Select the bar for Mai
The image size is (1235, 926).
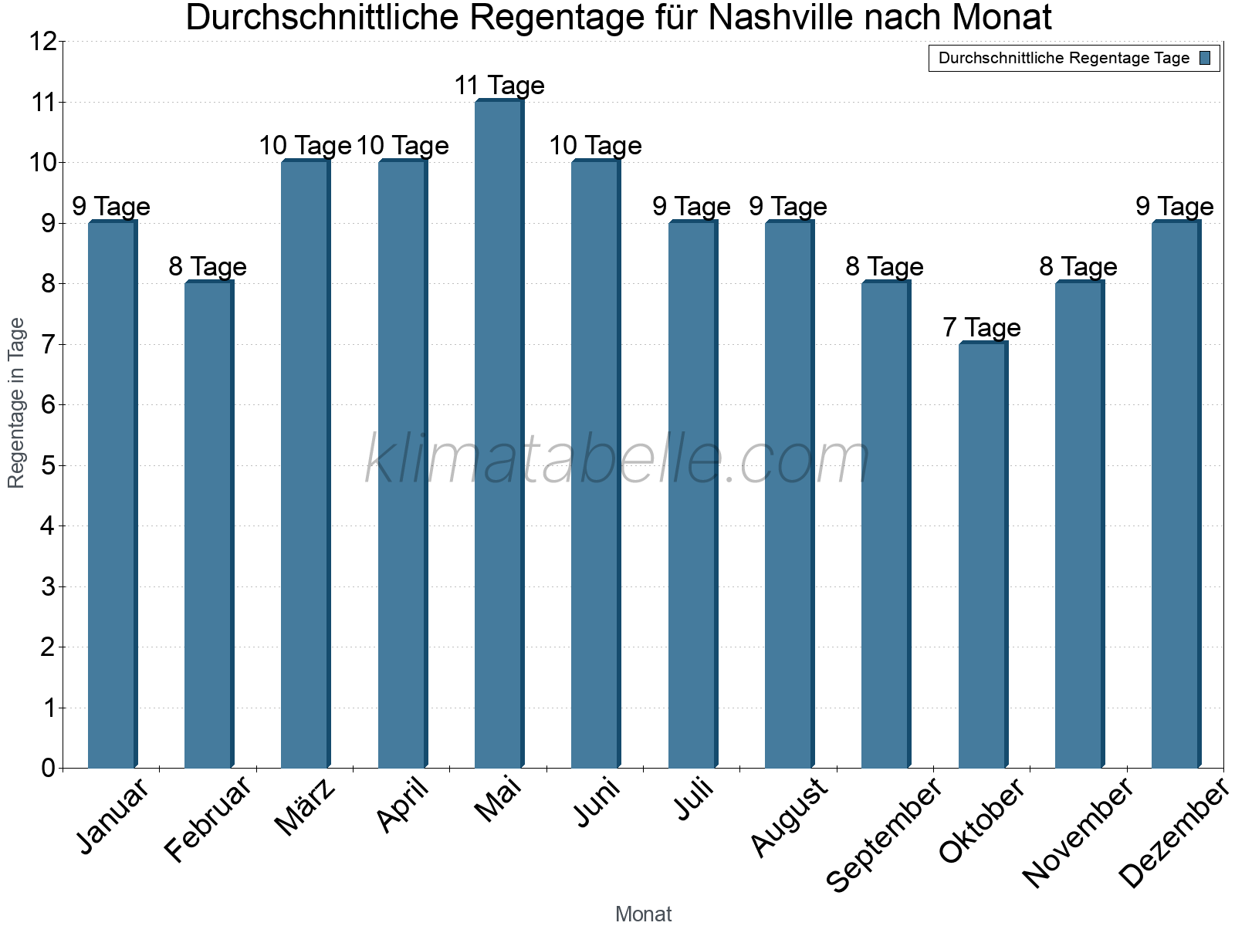(499, 434)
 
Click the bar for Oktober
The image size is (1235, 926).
(983, 556)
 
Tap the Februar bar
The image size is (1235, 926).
(208, 525)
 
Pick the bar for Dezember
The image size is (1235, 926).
(1176, 494)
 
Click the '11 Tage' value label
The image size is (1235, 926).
(499, 86)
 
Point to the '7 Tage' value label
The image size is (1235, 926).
(982, 328)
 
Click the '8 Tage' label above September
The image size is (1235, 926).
(885, 267)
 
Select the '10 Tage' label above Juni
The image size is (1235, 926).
(595, 146)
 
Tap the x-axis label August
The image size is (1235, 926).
(790, 817)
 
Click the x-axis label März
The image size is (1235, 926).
(306, 807)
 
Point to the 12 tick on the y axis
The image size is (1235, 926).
(44, 42)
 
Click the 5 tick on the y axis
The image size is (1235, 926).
(49, 465)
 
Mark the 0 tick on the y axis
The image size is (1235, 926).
(49, 768)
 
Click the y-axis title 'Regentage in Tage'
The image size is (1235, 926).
(16, 403)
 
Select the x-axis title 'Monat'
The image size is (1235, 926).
(643, 914)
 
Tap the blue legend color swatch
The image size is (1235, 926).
(1205, 58)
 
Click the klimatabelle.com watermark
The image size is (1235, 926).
(617, 460)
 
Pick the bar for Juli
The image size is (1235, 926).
(692, 494)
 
